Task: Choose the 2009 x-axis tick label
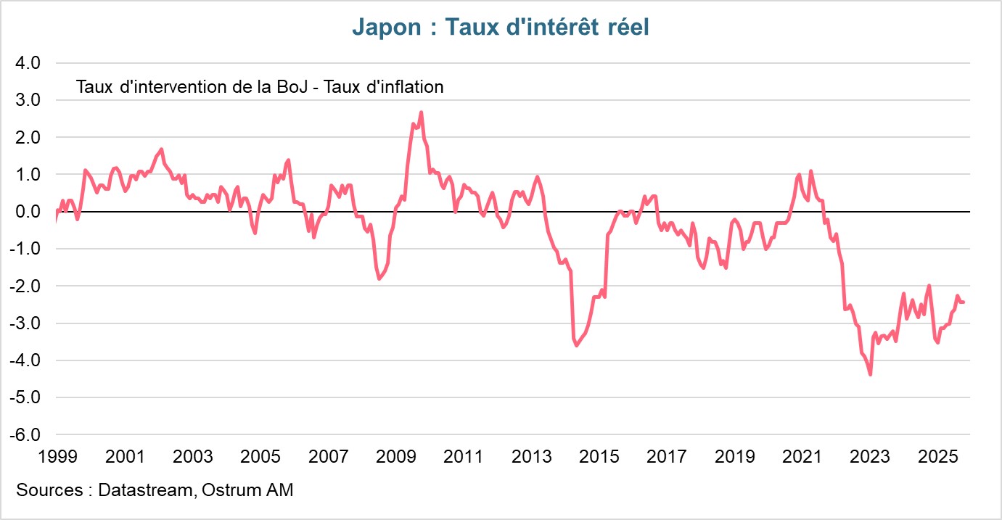(x=395, y=457)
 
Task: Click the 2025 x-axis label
(x=937, y=457)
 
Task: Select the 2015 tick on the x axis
(x=599, y=457)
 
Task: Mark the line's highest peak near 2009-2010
(x=421, y=112)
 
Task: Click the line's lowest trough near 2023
(x=870, y=374)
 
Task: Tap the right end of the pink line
(x=964, y=302)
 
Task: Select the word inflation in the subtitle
(x=408, y=87)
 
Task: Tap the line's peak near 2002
(x=161, y=149)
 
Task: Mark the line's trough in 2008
(x=379, y=278)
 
